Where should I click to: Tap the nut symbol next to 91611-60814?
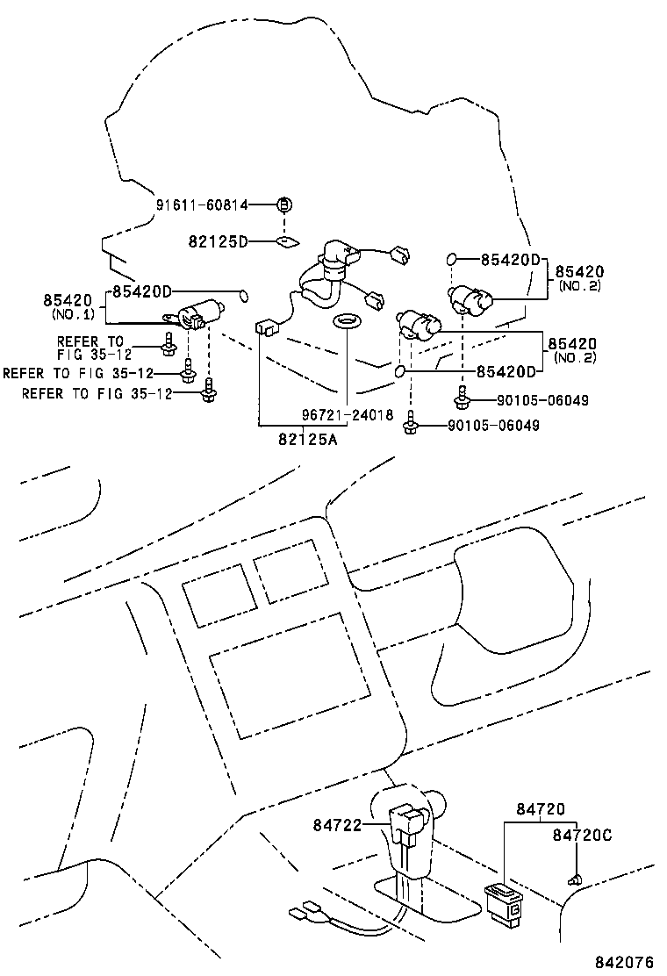click(283, 205)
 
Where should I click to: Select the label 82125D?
click(218, 240)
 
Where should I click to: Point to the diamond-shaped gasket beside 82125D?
click(286, 240)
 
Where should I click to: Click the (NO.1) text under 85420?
click(74, 313)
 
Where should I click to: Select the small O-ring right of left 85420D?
click(244, 293)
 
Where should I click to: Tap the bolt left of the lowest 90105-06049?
click(410, 425)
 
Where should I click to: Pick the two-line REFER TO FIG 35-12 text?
click(91, 348)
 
